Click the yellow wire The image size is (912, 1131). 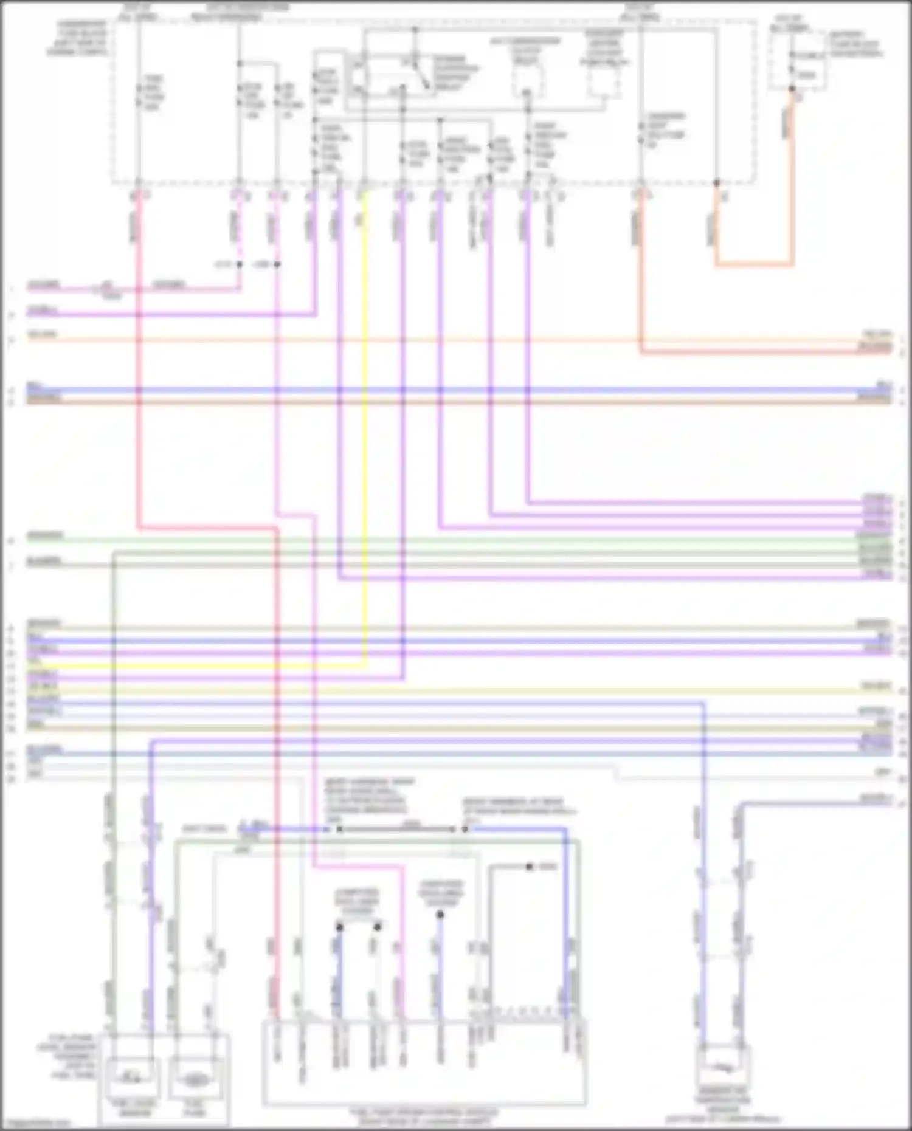pyautogui.click(x=365, y=425)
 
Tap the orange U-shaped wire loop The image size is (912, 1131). pyautogui.click(x=754, y=264)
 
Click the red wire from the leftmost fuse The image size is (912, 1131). pyautogui.click(x=139, y=365)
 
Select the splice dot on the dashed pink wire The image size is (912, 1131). pyautogui.click(x=239, y=264)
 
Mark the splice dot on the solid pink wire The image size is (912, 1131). pyautogui.click(x=277, y=264)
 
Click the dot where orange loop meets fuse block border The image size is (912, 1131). pyautogui.click(x=717, y=182)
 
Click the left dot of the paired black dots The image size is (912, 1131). pyautogui.click(x=339, y=927)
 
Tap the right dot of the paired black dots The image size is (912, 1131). pyautogui.click(x=378, y=927)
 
